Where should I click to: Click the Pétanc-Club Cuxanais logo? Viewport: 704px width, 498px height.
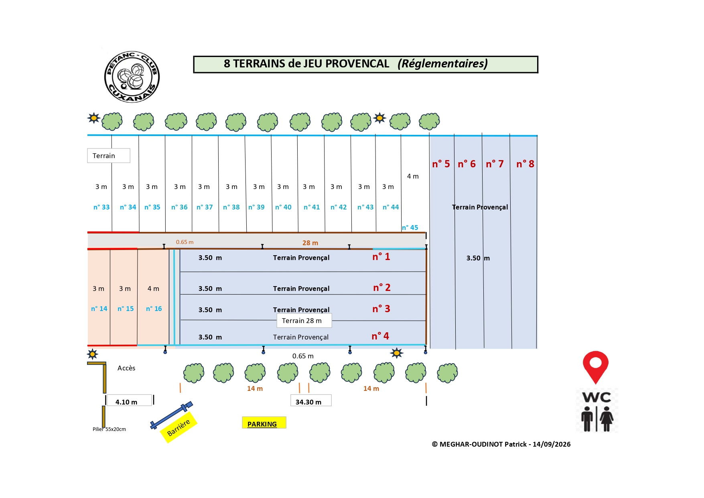pyautogui.click(x=132, y=77)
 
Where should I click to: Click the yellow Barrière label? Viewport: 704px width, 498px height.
pyautogui.click(x=179, y=427)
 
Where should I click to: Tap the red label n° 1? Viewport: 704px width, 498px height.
pyautogui.click(x=381, y=257)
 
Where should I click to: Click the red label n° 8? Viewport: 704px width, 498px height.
pyautogui.click(x=525, y=164)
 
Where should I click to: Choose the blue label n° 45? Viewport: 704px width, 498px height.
pyautogui.click(x=410, y=228)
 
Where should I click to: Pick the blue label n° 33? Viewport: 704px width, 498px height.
pyautogui.click(x=101, y=207)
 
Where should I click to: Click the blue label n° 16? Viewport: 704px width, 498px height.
pyautogui.click(x=154, y=309)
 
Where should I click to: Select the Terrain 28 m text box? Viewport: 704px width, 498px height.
pyautogui.click(x=304, y=321)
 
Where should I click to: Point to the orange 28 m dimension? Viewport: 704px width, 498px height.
pyautogui.click(x=310, y=243)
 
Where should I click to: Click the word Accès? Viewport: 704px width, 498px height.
pyautogui.click(x=126, y=368)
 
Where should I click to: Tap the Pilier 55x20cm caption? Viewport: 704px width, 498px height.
pyautogui.click(x=109, y=429)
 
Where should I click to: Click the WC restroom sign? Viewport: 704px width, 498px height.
pyautogui.click(x=597, y=410)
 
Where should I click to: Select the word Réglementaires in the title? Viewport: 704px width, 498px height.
pyautogui.click(x=443, y=63)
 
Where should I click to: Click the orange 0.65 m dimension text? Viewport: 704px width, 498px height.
pyautogui.click(x=185, y=242)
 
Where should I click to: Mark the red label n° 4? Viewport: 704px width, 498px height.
pyautogui.click(x=380, y=336)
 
